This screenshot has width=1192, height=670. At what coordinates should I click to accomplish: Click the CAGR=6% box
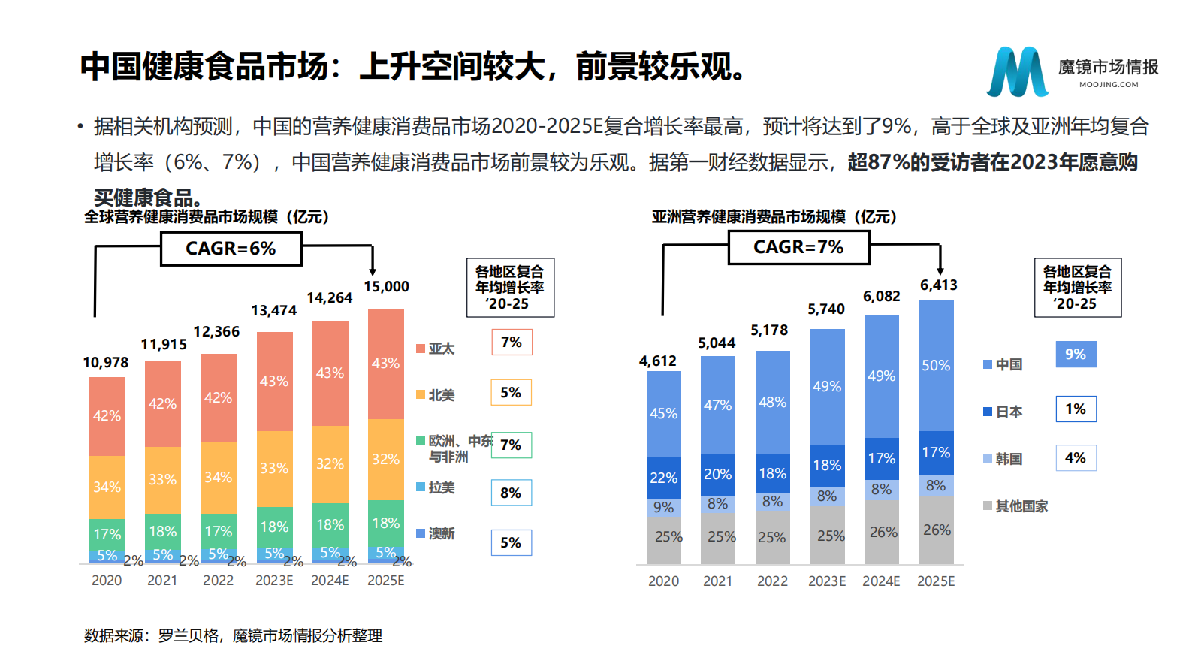point(231,249)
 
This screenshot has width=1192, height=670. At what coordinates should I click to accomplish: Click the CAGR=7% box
point(798,247)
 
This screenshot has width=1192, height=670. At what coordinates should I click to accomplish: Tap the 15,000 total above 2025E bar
point(386,287)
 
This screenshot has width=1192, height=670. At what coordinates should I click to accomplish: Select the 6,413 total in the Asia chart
point(938,285)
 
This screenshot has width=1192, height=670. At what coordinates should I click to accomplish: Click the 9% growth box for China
point(1076,354)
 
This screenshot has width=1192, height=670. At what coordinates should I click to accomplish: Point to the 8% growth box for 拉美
point(511,493)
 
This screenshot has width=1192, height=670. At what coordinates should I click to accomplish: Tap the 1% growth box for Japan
point(1076,409)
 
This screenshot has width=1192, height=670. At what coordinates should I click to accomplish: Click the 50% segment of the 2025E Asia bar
point(936,366)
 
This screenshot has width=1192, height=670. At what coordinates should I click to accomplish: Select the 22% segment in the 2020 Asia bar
point(663,478)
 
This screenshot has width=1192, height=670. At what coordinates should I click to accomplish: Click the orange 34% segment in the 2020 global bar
point(107,487)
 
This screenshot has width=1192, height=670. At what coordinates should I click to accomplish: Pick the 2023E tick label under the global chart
point(274,581)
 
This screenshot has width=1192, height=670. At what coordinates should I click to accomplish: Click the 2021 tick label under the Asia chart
point(717,581)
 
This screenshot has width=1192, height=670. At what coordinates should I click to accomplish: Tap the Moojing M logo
point(1018,72)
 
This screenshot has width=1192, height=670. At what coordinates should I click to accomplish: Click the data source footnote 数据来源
point(233,635)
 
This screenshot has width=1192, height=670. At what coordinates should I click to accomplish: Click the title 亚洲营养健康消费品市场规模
point(774,217)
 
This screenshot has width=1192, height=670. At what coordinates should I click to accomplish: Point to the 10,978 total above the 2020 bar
point(106,363)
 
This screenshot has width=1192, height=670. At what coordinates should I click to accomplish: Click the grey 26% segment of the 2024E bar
point(883,532)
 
